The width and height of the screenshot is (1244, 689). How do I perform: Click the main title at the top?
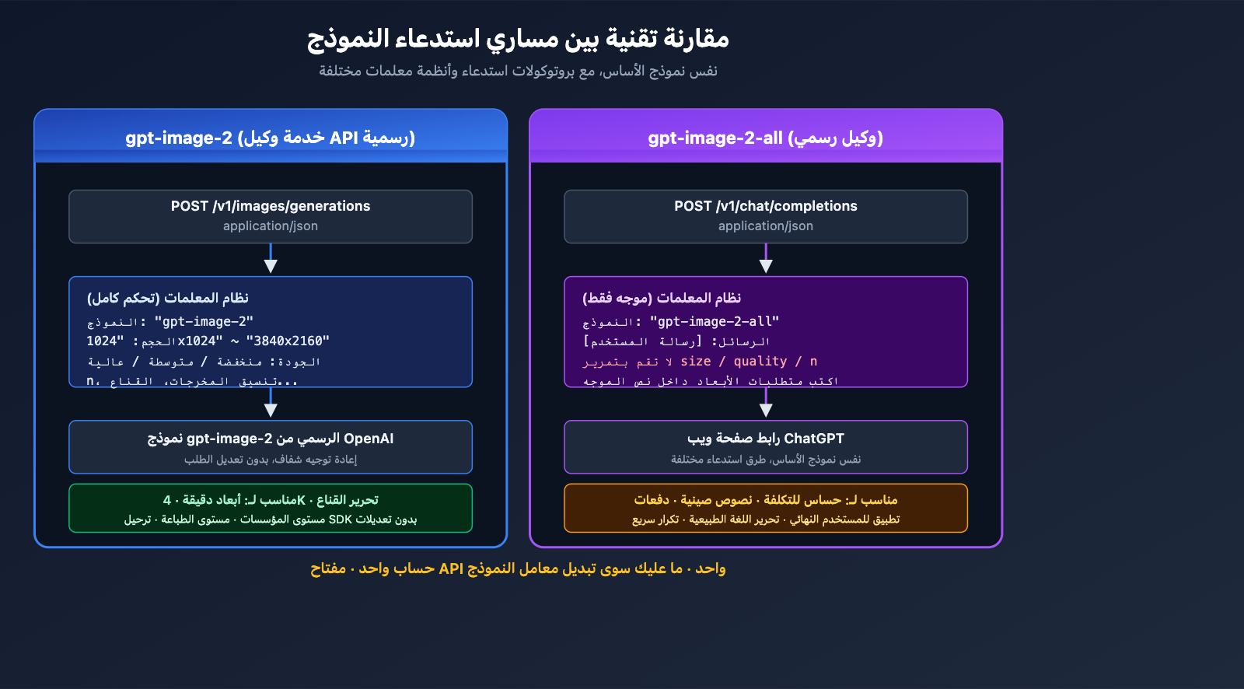(518, 38)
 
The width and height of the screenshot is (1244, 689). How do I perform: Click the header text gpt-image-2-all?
(715, 138)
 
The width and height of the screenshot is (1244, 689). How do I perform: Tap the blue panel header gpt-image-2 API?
(271, 138)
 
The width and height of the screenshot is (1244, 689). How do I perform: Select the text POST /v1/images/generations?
(271, 206)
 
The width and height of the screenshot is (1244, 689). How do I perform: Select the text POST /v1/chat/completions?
(765, 206)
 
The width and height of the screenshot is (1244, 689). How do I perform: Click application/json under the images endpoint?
(271, 226)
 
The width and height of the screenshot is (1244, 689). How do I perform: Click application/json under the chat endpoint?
(765, 226)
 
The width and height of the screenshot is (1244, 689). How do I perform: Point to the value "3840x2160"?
(288, 341)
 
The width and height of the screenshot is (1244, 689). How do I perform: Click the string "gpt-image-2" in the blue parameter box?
(204, 322)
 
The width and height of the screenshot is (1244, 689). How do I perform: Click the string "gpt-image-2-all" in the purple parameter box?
(714, 322)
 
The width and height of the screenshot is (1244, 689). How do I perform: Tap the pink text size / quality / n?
(748, 362)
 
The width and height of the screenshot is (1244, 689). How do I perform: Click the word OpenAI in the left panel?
(369, 439)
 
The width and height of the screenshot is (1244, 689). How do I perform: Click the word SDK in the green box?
(341, 519)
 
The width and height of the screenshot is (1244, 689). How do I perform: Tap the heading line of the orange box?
(765, 500)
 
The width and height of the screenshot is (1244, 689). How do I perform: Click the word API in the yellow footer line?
(451, 568)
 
